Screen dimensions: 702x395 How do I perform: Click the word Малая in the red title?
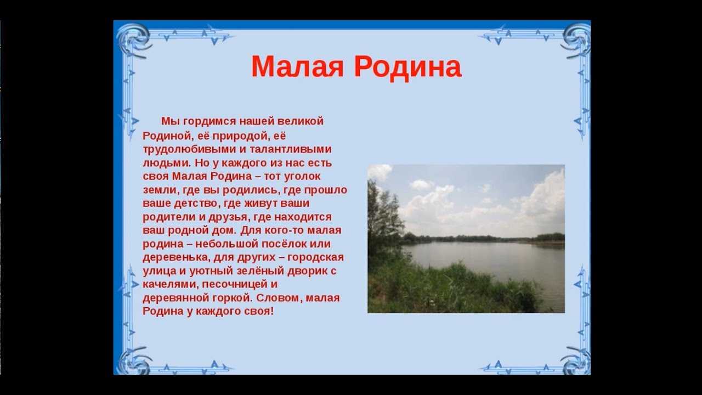(x=297, y=67)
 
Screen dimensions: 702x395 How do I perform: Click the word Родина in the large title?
(x=407, y=67)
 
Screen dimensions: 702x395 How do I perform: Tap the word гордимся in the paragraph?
(x=209, y=122)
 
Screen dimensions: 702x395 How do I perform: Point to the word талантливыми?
(x=291, y=149)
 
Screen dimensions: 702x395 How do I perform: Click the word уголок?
(x=302, y=177)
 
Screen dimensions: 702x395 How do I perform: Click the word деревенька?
(x=176, y=258)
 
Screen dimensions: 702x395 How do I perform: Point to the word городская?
(x=315, y=258)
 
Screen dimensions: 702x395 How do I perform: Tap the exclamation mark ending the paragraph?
(x=271, y=311)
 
